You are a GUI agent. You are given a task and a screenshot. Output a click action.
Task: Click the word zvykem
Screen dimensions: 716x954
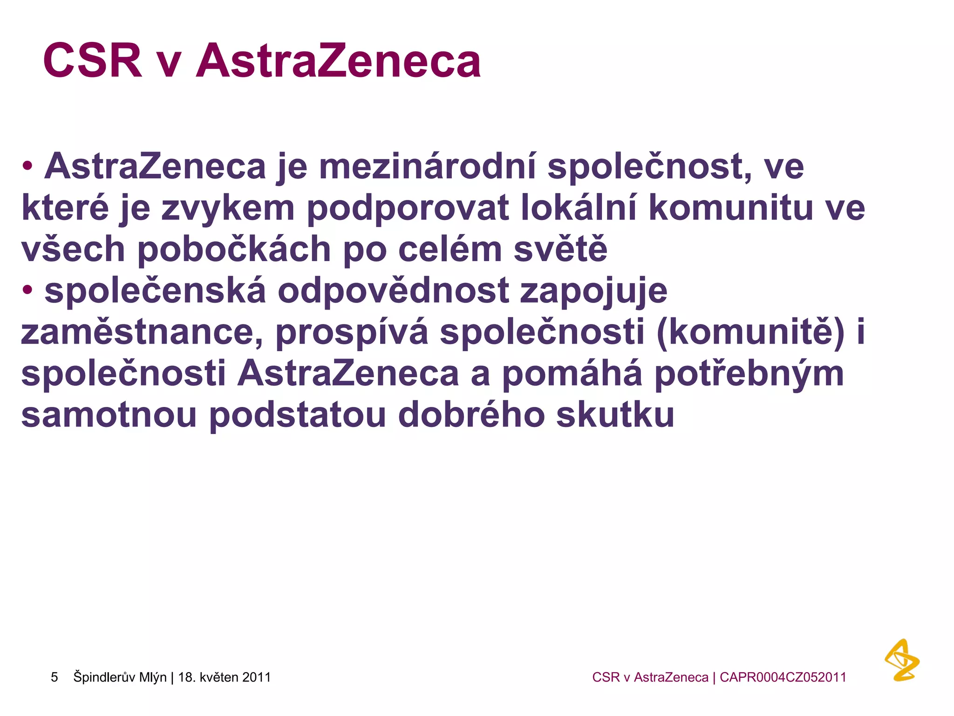tap(228, 208)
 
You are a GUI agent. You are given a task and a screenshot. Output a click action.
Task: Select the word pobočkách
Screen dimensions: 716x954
tap(234, 249)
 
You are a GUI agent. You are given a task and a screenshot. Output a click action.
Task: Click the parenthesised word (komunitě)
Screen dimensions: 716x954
tap(750, 331)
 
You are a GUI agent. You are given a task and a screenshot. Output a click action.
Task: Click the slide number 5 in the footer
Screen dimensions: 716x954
tap(55, 677)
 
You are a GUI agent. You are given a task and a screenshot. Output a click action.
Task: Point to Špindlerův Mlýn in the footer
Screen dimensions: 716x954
tap(120, 677)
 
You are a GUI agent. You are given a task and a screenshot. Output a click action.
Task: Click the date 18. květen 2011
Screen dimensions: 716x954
tap(225, 677)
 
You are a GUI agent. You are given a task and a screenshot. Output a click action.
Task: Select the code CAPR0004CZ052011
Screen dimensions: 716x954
tap(783, 677)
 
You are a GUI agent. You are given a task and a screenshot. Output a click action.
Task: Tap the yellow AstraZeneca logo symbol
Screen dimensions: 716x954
tap(902, 660)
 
